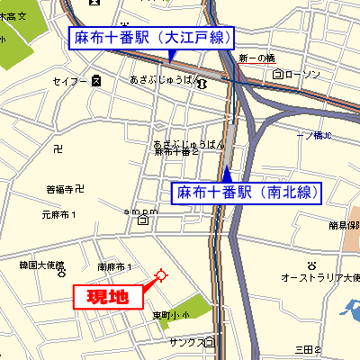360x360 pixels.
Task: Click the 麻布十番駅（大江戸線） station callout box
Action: click(x=151, y=38)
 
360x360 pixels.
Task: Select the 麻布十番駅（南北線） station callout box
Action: click(x=246, y=192)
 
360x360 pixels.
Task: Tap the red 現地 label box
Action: click(x=107, y=295)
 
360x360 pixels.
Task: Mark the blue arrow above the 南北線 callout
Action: click(x=228, y=172)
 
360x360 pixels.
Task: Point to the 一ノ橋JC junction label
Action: click(x=314, y=135)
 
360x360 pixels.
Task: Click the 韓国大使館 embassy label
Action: click(x=40, y=265)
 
